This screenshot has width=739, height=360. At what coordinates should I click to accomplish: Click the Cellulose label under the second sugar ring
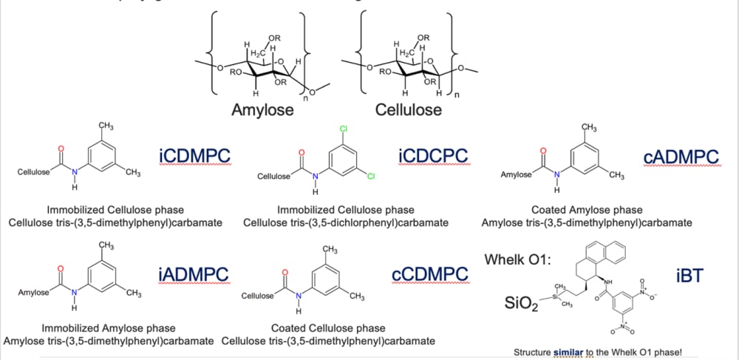409,110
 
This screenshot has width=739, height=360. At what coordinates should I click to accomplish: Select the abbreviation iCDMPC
194,156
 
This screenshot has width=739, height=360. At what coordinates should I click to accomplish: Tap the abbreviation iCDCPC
433,156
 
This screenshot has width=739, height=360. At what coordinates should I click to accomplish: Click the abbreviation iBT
689,276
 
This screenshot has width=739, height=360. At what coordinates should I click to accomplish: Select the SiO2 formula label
522,303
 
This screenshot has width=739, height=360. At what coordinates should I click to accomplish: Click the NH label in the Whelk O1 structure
607,281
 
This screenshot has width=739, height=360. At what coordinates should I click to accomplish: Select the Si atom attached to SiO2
556,296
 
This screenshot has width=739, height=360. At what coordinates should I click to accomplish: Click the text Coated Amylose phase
587,210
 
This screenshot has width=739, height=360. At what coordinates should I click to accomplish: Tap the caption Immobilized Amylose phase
109,328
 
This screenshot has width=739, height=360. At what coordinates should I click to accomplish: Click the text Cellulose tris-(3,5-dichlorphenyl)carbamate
346,223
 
